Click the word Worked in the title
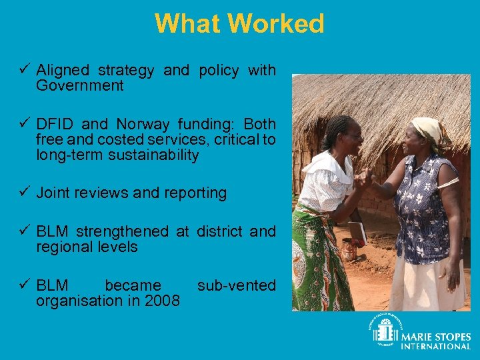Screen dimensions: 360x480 pos(275,25)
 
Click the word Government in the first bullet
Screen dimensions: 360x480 pos(80,85)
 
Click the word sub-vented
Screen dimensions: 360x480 pos(236,285)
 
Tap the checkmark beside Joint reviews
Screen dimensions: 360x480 pos(25,193)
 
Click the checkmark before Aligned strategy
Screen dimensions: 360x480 pos(25,69)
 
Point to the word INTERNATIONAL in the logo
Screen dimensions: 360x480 pos(435,346)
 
